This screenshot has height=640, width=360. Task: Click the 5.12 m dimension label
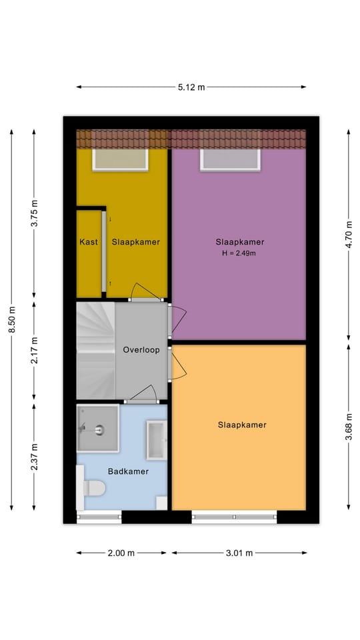191,87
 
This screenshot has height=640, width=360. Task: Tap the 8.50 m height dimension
12,320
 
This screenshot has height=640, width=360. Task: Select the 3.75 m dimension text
35,214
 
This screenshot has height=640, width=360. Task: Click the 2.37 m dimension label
35,457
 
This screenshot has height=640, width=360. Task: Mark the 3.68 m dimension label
349,427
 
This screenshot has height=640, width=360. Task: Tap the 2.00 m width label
121,553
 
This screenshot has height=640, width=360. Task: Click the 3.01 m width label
239,553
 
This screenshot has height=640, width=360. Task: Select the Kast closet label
89,242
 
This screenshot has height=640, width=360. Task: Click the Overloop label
141,349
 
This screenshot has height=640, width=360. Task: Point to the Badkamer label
128,471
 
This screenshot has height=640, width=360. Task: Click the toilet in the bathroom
93,489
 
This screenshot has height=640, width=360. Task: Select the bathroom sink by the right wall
157,440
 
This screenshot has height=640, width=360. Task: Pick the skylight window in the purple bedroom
230,159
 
